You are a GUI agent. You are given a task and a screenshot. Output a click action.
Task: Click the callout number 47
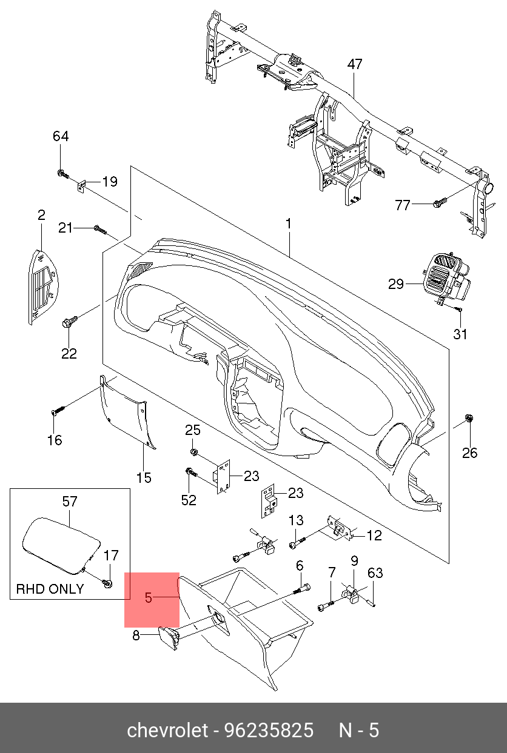(x=355, y=64)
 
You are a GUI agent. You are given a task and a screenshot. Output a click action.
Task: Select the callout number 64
(x=61, y=136)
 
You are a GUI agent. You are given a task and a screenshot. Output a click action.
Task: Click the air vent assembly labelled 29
(x=446, y=279)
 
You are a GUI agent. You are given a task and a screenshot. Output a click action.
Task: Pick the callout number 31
(x=461, y=334)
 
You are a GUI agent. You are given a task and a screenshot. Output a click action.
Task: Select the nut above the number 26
(x=469, y=418)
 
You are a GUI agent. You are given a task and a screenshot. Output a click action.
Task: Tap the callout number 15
(x=143, y=478)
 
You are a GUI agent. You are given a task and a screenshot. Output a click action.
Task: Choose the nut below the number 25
(x=193, y=451)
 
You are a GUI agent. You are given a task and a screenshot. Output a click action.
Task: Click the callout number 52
(x=189, y=500)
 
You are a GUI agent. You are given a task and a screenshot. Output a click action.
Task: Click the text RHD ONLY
(x=50, y=589)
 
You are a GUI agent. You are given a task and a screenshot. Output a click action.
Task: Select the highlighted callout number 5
(x=149, y=599)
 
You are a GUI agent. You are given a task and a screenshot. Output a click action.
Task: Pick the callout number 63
(x=375, y=573)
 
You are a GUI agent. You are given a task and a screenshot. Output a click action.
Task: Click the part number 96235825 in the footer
(x=269, y=731)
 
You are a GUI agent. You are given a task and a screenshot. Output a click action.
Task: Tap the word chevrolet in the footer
(x=167, y=731)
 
